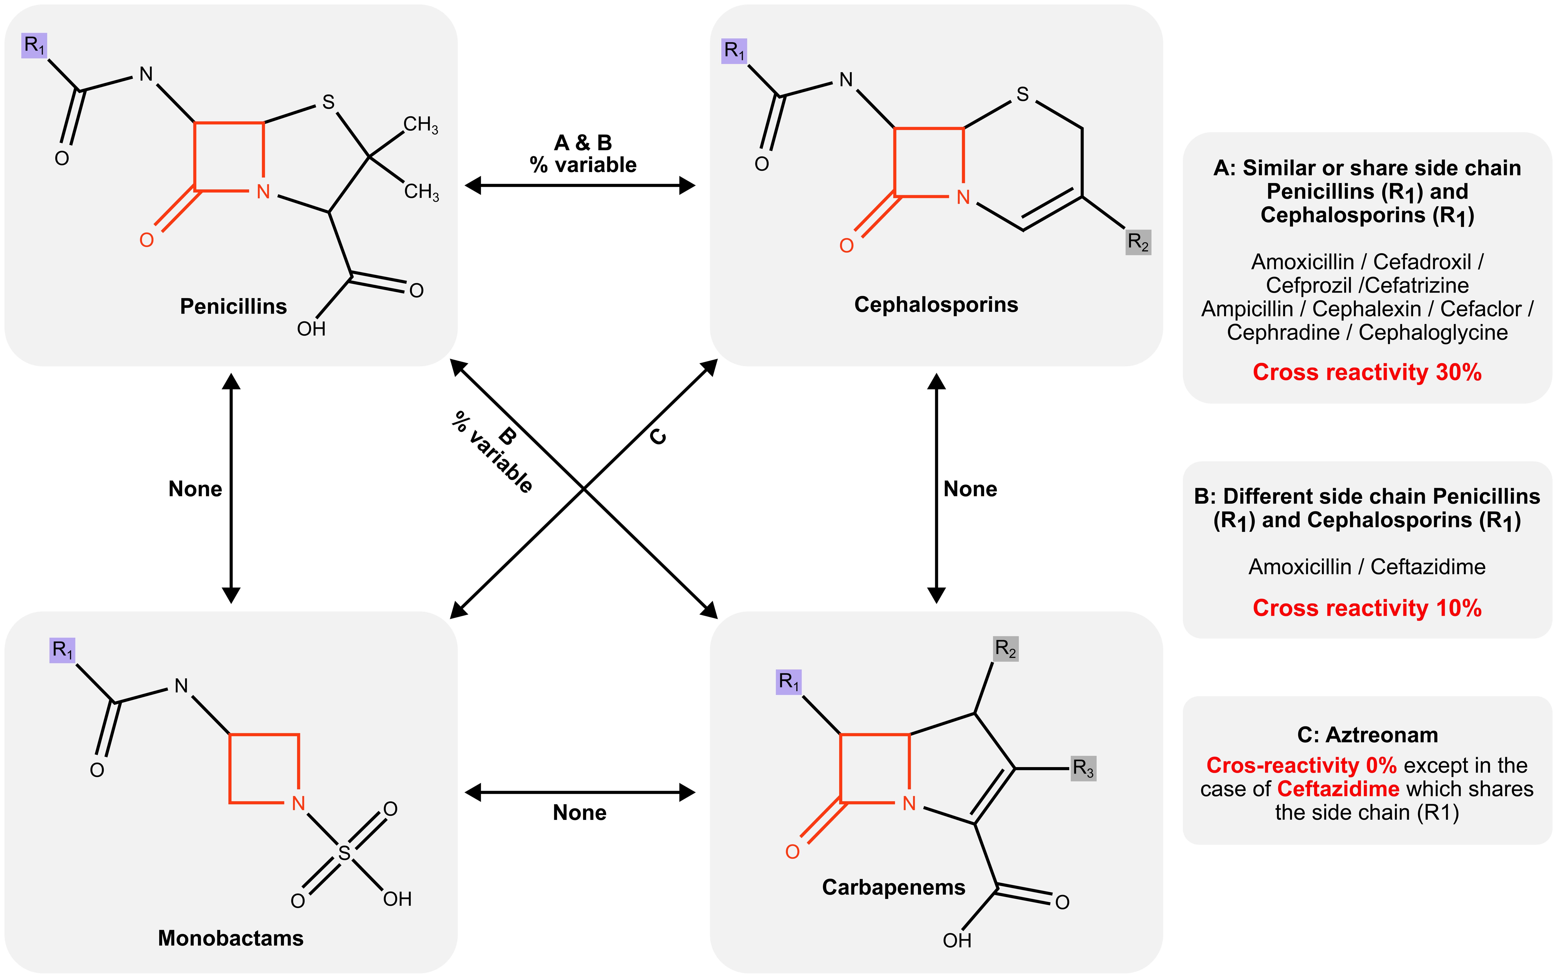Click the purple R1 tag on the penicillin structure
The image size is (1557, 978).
tap(34, 45)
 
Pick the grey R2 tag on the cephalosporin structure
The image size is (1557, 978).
tap(1138, 242)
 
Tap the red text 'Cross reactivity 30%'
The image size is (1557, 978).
tap(1367, 372)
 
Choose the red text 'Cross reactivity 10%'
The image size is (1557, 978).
tap(1367, 608)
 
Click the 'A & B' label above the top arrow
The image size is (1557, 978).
tap(583, 142)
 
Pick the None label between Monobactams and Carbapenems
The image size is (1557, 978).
tap(579, 812)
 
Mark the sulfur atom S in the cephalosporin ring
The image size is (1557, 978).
tap(1022, 94)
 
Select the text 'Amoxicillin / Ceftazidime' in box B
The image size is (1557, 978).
tap(1367, 567)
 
